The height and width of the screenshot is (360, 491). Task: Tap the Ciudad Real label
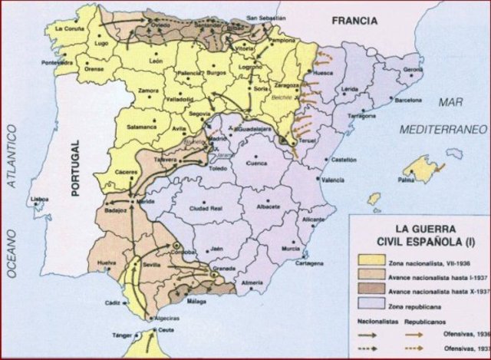point(206,206)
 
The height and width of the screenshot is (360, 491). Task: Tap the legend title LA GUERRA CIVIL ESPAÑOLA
point(421,234)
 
